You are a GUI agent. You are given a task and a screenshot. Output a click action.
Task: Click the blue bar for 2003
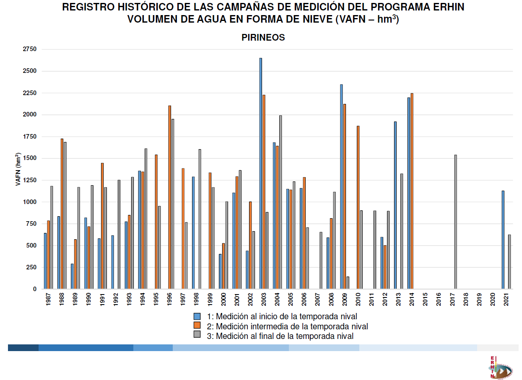(x=260, y=173)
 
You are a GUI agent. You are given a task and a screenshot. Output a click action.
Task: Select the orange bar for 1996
(x=169, y=197)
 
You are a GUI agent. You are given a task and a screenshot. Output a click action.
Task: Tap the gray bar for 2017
(x=455, y=222)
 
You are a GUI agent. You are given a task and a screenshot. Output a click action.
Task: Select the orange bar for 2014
(x=412, y=191)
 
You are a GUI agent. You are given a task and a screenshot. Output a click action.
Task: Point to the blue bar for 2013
(x=395, y=205)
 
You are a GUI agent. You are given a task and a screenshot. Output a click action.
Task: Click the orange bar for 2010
(x=358, y=207)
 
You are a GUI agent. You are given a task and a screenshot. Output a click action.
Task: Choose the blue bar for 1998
(x=193, y=233)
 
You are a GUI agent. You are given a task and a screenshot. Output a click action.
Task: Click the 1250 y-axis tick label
(x=30, y=180)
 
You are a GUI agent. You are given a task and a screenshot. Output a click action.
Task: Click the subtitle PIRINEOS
(x=263, y=38)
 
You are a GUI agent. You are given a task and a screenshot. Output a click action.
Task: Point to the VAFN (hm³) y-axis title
(x=18, y=169)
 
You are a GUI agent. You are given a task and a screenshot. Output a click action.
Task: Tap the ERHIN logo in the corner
(x=500, y=367)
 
